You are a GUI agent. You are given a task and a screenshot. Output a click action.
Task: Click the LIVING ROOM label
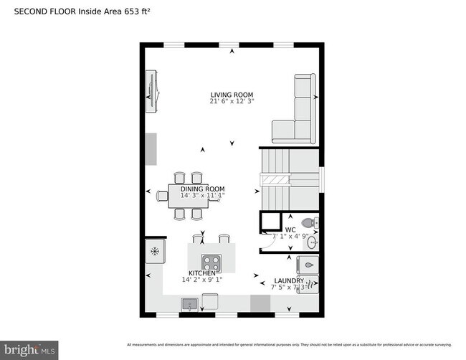point(232,95)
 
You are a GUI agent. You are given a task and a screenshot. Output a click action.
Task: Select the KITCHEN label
point(201,274)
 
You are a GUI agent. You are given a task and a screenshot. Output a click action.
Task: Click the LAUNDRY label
point(289,280)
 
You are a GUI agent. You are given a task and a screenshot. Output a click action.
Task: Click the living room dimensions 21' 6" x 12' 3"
point(232,102)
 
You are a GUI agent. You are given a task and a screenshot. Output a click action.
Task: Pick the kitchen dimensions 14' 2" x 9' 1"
point(201,280)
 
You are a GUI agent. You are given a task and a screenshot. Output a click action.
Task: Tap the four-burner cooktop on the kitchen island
point(211,262)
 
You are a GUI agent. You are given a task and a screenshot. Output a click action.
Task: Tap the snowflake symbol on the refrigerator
point(155,251)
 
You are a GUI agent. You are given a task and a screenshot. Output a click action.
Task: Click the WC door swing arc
point(266,244)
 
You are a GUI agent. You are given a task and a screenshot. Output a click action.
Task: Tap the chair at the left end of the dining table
point(162,196)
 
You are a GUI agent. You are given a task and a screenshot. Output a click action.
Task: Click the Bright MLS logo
point(29,350)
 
